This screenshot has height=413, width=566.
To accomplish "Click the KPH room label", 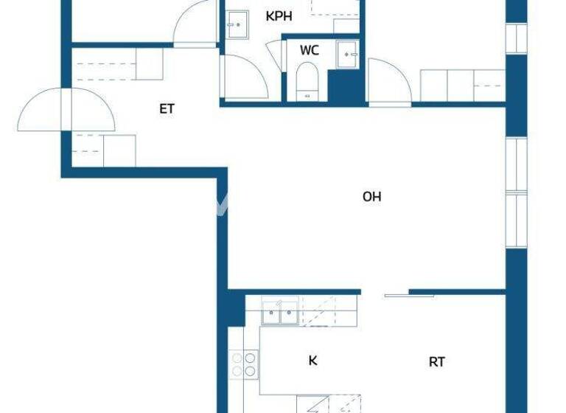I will point(278,15).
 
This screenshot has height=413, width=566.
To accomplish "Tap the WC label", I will point(310,51).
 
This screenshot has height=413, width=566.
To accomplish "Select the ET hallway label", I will point(167,109).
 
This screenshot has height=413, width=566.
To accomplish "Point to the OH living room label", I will point(372,197).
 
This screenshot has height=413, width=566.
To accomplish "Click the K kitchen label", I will point(312,361).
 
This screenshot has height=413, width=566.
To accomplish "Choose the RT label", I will point(437,362).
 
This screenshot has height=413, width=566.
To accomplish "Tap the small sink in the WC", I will point(346,54).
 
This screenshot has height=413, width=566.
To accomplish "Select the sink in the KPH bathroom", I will point(237,24).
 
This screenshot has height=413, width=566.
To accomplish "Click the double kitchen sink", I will point(280,313).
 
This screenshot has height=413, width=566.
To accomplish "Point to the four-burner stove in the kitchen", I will point(244,364).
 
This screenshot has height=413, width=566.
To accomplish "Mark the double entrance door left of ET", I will point(68,111).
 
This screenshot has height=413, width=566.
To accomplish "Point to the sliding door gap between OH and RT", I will point(385,294).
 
